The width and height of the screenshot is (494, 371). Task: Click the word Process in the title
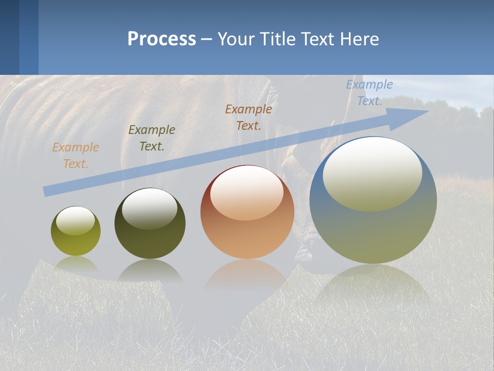162,39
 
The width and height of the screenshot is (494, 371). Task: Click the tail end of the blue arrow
46,191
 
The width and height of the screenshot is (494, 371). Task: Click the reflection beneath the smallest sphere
76,264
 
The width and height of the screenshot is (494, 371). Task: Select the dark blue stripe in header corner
9,37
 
